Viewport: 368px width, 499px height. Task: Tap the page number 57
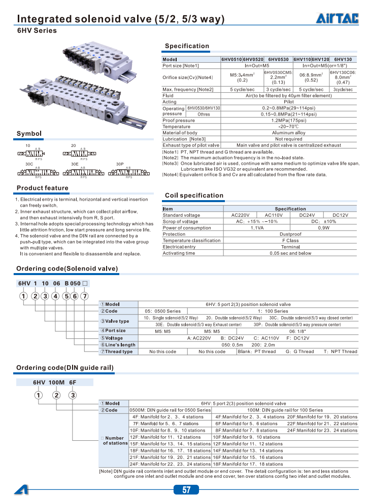(186, 489)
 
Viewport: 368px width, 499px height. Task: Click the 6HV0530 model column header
(278, 59)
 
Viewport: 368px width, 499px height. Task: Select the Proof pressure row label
(179, 121)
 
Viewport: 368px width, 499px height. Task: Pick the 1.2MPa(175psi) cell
(288, 121)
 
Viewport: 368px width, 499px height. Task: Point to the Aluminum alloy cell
(288, 133)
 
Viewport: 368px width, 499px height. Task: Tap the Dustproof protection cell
(288, 234)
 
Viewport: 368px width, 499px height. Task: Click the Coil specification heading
(194, 196)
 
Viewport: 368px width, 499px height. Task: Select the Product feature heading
(43, 188)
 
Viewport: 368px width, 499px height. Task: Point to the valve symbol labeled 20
(83, 153)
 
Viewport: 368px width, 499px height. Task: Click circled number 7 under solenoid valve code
(85, 296)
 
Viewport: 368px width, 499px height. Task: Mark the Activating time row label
(179, 253)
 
